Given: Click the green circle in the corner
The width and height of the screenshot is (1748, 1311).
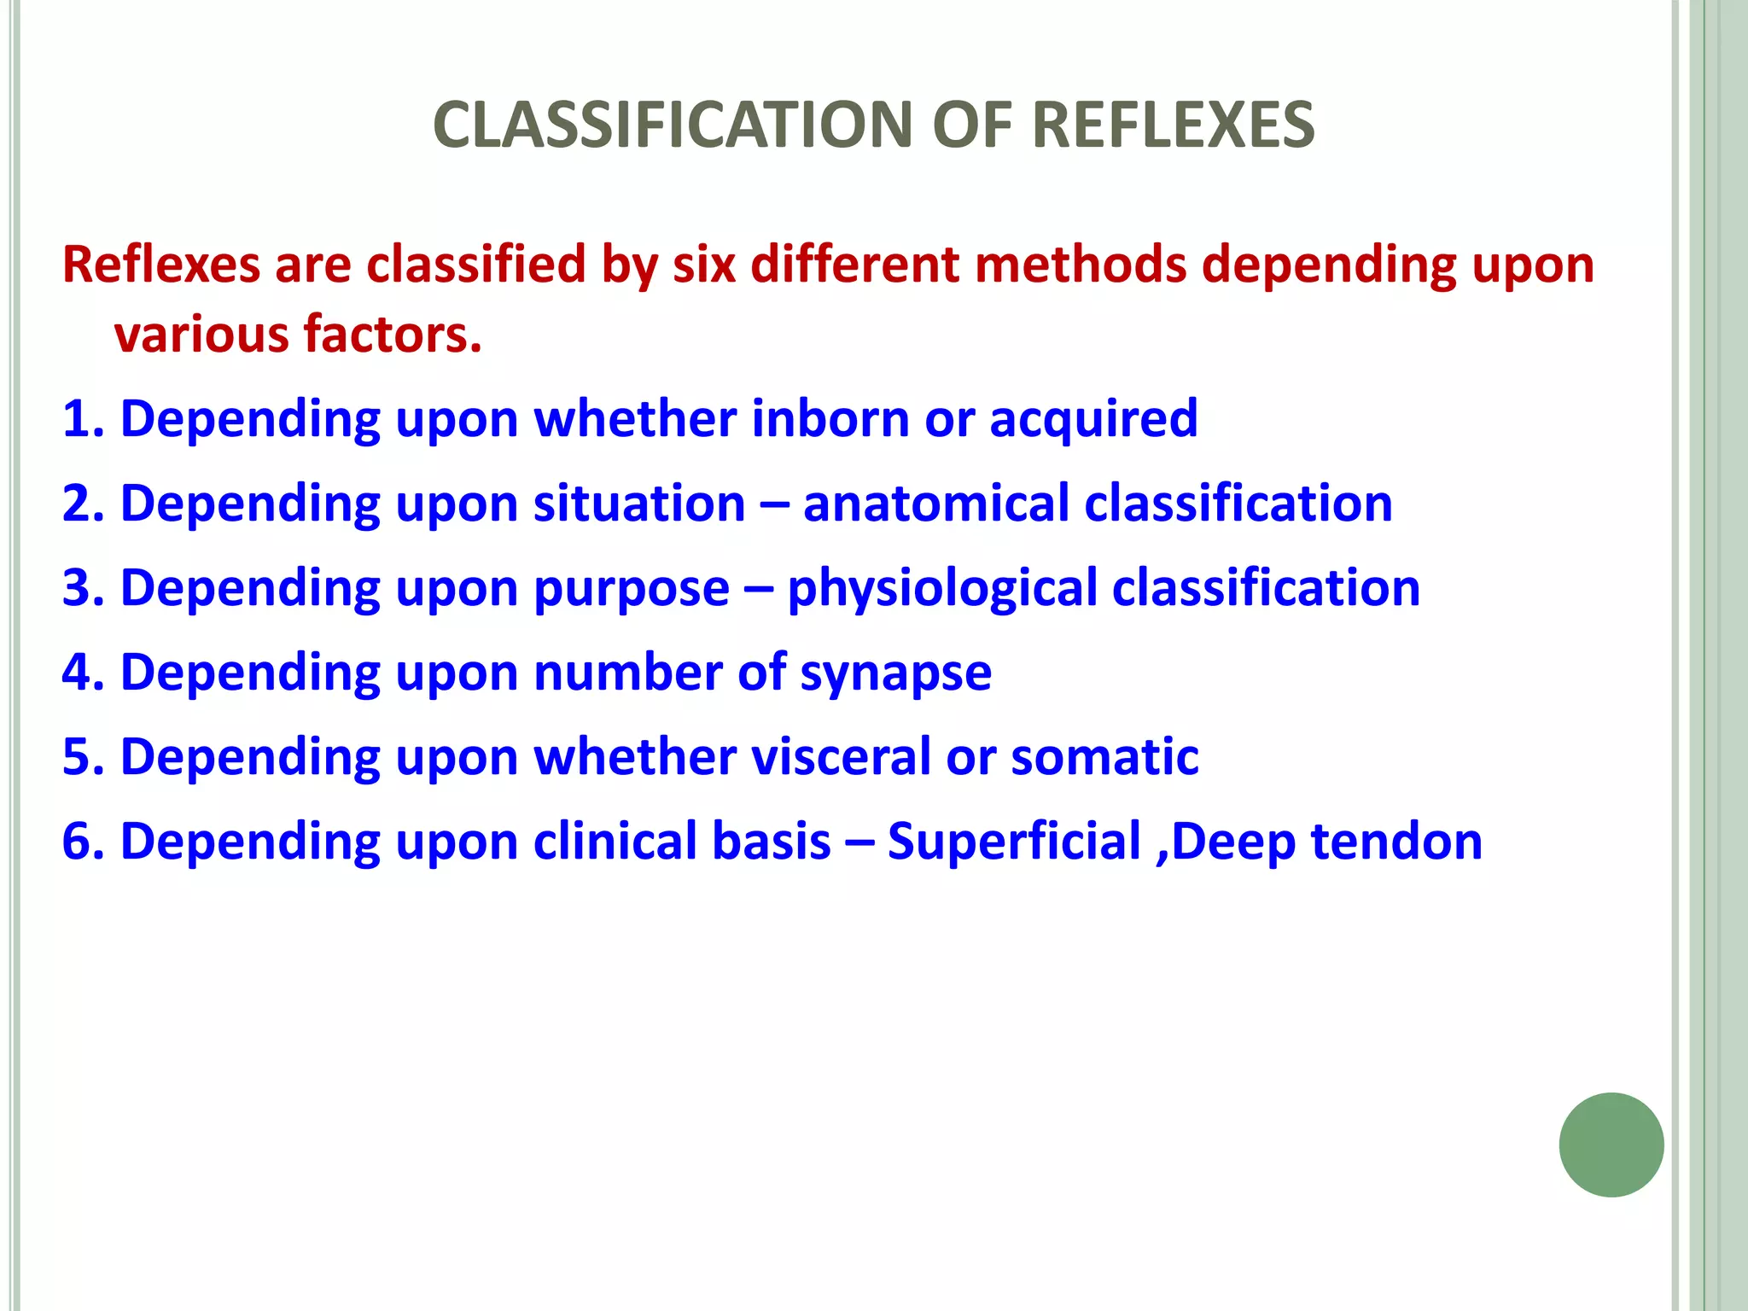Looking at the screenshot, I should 1611,1145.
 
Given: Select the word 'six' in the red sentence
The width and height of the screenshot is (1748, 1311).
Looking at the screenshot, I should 704,264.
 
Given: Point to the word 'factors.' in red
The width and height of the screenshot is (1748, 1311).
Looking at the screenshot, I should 393,334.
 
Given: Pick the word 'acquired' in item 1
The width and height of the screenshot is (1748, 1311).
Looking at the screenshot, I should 1093,420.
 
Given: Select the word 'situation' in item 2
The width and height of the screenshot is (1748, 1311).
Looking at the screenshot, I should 639,503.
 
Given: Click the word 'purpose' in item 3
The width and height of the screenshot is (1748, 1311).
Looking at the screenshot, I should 631,589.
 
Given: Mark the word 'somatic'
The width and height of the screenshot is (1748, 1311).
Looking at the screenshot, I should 1104,756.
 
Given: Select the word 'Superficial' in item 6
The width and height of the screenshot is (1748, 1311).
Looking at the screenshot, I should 1014,841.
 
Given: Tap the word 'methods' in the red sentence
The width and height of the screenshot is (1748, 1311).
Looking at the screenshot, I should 1080,264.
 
